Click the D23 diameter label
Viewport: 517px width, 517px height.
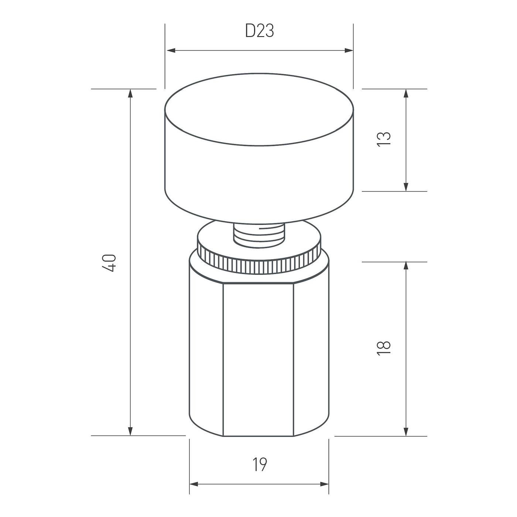(260, 31)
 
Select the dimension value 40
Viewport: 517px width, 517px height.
(110, 263)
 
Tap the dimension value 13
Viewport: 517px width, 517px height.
(383, 139)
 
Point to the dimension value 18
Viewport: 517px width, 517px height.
(383, 348)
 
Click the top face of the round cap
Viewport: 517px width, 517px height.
(259, 110)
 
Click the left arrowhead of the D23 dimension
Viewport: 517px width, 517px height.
(171, 50)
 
